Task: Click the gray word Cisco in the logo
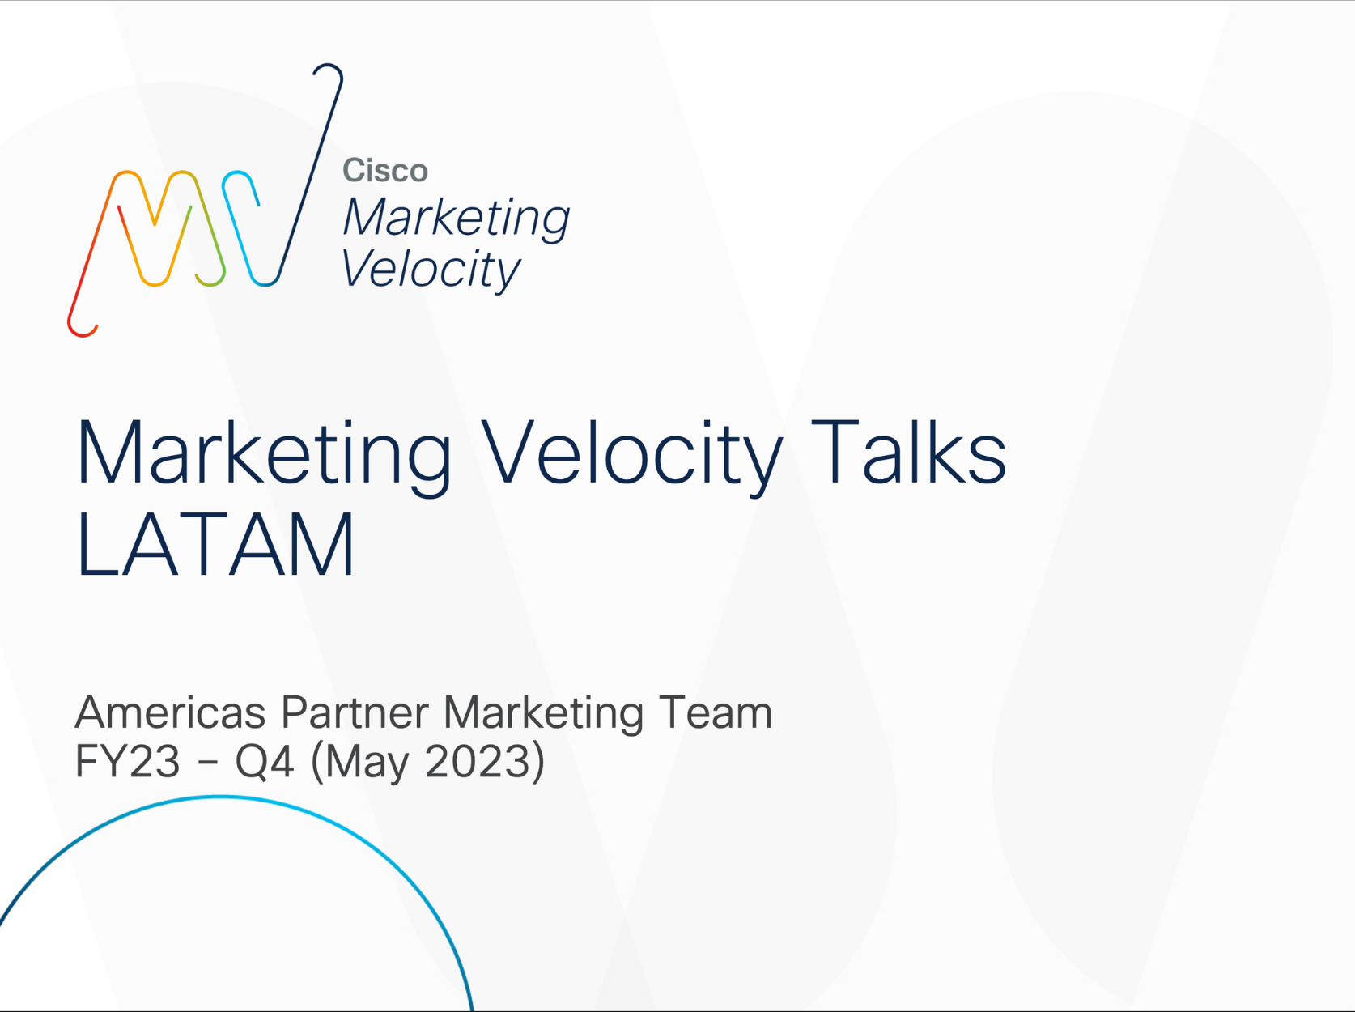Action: (x=384, y=170)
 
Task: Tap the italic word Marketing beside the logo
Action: (x=457, y=219)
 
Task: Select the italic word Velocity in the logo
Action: (x=431, y=270)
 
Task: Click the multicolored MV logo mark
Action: (x=205, y=200)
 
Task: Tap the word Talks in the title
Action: (x=908, y=452)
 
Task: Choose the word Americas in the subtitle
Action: (x=170, y=713)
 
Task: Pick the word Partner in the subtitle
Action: (x=355, y=713)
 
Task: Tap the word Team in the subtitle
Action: (x=716, y=713)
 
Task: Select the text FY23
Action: (x=127, y=761)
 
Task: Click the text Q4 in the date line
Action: (x=264, y=762)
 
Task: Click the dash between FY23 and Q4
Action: (x=209, y=763)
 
